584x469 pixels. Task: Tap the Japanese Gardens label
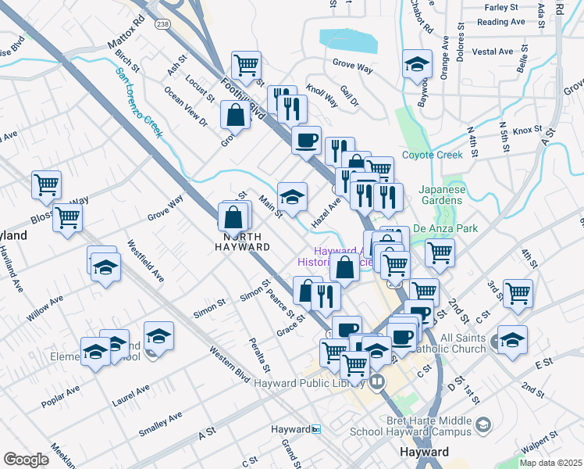[x=441, y=194]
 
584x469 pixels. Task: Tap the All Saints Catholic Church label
[x=462, y=343]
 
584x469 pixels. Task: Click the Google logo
[x=26, y=460]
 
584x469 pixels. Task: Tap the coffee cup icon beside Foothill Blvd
[x=307, y=140]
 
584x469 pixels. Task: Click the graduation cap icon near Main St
[x=292, y=196]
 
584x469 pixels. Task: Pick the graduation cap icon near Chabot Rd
[x=417, y=63]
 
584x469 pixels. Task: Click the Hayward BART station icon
[x=316, y=429]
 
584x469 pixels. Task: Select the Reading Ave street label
[x=492, y=22]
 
